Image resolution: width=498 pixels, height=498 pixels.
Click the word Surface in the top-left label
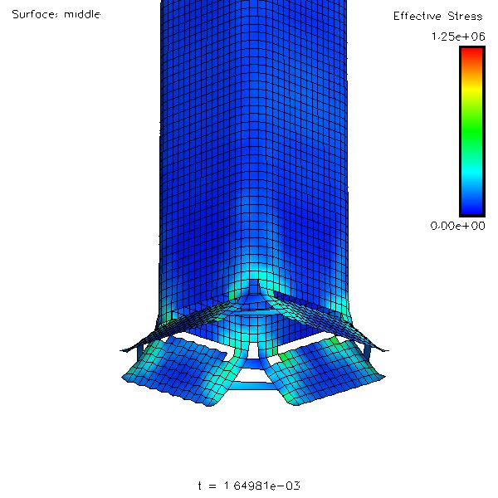35,14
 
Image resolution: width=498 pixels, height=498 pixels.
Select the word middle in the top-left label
82,14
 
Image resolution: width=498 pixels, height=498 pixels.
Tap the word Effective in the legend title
417,16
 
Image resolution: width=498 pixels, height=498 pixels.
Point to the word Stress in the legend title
465,16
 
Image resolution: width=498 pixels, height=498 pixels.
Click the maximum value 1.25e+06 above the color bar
458,37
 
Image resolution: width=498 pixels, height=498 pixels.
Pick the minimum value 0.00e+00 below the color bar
457,226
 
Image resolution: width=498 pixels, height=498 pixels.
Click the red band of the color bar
472,55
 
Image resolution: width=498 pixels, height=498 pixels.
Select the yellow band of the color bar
472,90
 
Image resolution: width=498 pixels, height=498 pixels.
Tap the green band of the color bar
472,127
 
